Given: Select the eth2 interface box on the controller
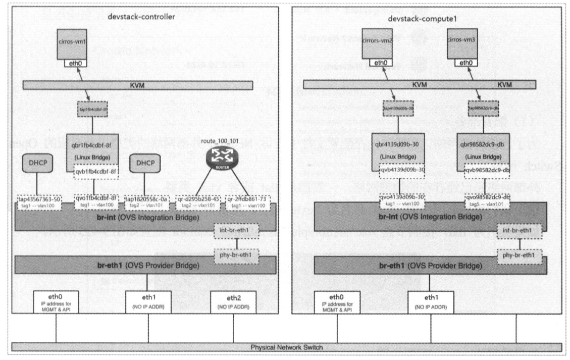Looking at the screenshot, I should (x=230, y=301).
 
